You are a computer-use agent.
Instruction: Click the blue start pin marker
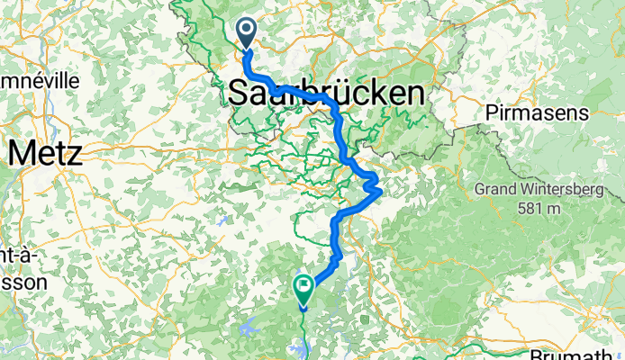(246, 34)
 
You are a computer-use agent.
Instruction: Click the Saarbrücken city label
(326, 93)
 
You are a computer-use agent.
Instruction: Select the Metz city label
(44, 153)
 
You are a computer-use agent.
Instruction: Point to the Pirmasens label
(537, 113)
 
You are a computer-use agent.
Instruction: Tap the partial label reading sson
(17, 280)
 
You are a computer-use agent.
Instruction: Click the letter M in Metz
(21, 153)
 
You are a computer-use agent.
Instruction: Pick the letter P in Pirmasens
(491, 113)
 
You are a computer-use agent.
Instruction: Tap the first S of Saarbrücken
(240, 93)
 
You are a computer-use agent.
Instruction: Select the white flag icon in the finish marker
(303, 287)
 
